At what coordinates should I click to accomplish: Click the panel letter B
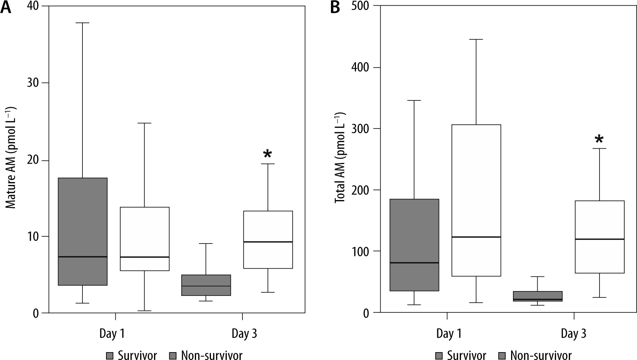click(335, 7)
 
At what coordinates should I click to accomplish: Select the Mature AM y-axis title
click(10, 158)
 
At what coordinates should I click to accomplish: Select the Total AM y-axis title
click(339, 158)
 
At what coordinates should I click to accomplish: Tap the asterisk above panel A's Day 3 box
click(268, 154)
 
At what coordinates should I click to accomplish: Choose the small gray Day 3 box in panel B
click(538, 296)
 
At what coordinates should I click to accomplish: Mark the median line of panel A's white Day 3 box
click(268, 242)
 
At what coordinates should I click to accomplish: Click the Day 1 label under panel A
click(112, 333)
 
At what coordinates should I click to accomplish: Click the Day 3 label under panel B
click(573, 333)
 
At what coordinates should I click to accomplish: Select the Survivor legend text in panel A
click(137, 355)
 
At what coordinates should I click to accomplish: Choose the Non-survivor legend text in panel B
click(541, 355)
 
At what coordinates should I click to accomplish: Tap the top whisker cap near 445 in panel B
click(476, 39)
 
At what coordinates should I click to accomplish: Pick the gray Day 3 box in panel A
click(206, 285)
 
